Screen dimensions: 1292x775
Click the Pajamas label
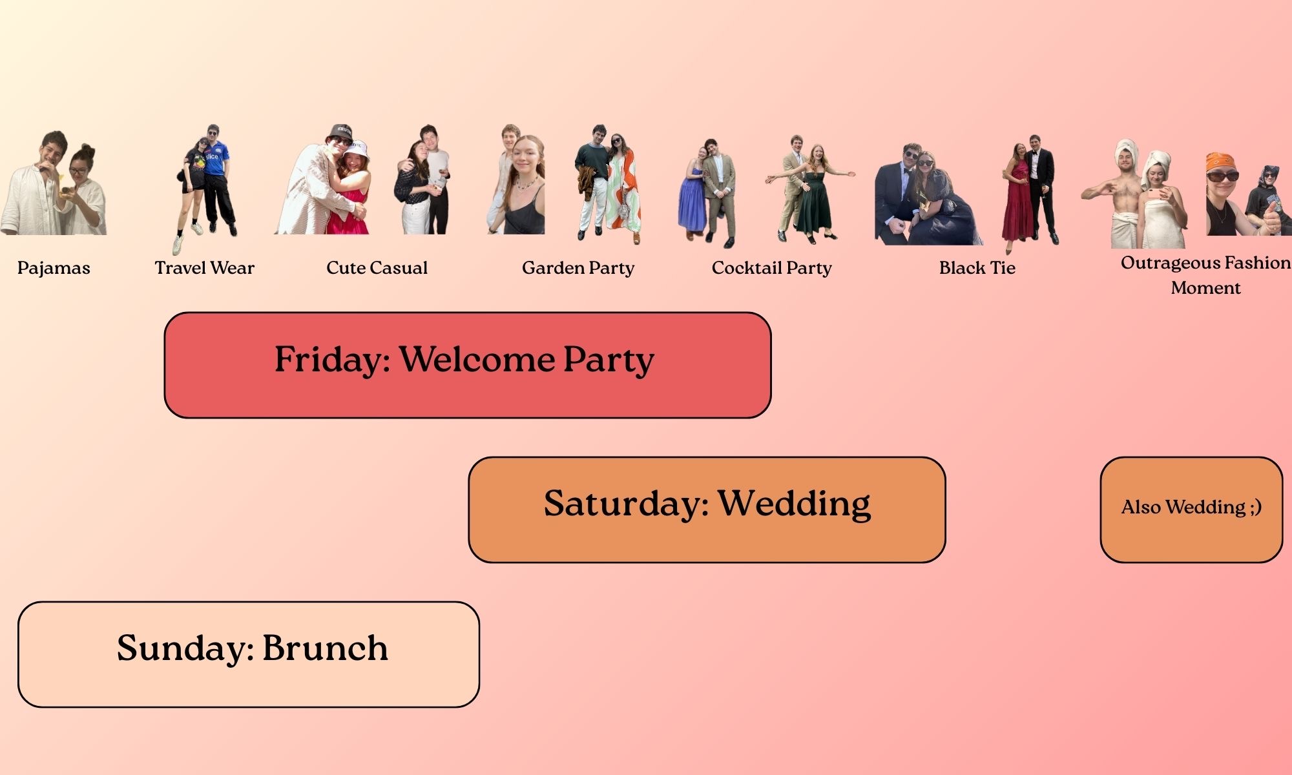[x=54, y=268]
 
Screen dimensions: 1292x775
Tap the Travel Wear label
[x=204, y=267]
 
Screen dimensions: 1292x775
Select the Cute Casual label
[x=377, y=267]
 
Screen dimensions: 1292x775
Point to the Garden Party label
[x=578, y=268]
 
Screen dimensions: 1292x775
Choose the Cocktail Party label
[x=771, y=268]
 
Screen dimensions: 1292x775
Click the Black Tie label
[x=977, y=267]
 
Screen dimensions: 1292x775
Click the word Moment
[x=1205, y=287]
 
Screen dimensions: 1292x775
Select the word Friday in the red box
[x=332, y=360]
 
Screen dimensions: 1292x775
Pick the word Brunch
[x=325, y=648]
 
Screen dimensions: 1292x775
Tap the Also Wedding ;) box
[x=1191, y=510]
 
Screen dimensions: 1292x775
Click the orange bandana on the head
[x=1222, y=161]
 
